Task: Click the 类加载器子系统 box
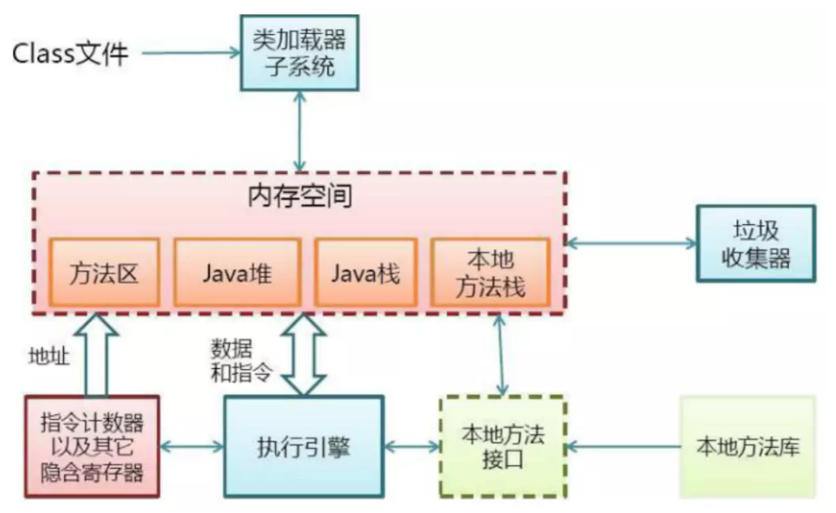point(299,53)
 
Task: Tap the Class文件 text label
point(71,54)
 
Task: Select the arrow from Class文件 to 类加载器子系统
point(191,53)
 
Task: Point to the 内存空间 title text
point(299,196)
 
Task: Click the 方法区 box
point(104,272)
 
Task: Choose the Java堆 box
point(238,272)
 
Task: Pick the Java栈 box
point(365,272)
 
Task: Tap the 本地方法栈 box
point(490,272)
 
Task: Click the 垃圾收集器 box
point(756,244)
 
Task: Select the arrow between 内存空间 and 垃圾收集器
point(632,244)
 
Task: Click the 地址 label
point(49,356)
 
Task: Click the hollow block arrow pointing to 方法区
point(97,355)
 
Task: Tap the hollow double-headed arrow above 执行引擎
point(304,355)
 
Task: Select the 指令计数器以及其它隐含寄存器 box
point(92,447)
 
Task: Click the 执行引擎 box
point(304,447)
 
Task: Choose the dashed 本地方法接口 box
point(503,447)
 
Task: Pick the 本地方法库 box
point(748,447)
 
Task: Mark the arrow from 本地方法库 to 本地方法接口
point(623,446)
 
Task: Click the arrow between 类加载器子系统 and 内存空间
point(299,132)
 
